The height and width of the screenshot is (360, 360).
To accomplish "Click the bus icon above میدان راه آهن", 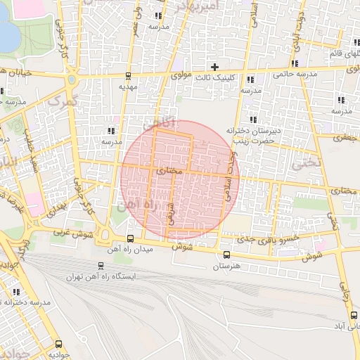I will [129, 240].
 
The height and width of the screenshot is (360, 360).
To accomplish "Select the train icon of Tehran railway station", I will [101, 266].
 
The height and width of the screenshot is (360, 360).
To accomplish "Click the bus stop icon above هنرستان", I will [226, 255].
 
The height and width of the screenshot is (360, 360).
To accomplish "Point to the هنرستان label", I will [226, 267].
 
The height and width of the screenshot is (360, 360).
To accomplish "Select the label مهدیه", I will [127, 86].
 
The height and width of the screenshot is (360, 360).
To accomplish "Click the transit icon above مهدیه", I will [127, 75].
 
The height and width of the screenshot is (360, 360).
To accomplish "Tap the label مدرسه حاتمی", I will [292, 73].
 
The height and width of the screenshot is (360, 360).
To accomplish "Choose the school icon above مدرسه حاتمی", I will [292, 62].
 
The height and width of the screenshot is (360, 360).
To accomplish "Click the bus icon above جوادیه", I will [58, 345].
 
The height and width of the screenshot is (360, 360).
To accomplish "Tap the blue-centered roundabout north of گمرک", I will [71, 79].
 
